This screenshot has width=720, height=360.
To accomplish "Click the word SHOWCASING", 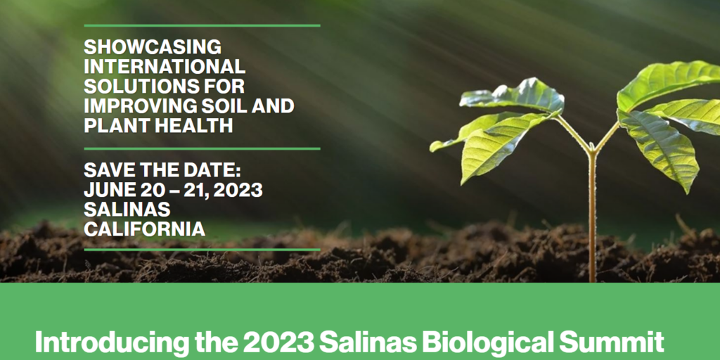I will click(153, 47).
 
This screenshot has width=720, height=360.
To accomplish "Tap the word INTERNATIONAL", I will click(165, 67).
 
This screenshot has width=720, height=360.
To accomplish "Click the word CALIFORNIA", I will click(144, 229).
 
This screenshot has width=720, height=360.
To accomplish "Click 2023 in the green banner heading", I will click(277, 342).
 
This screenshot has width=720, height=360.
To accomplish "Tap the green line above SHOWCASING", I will click(202, 25).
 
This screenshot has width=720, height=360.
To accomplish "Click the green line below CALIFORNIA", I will click(202, 249).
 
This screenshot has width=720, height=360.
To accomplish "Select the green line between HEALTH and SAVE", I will click(202, 148).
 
